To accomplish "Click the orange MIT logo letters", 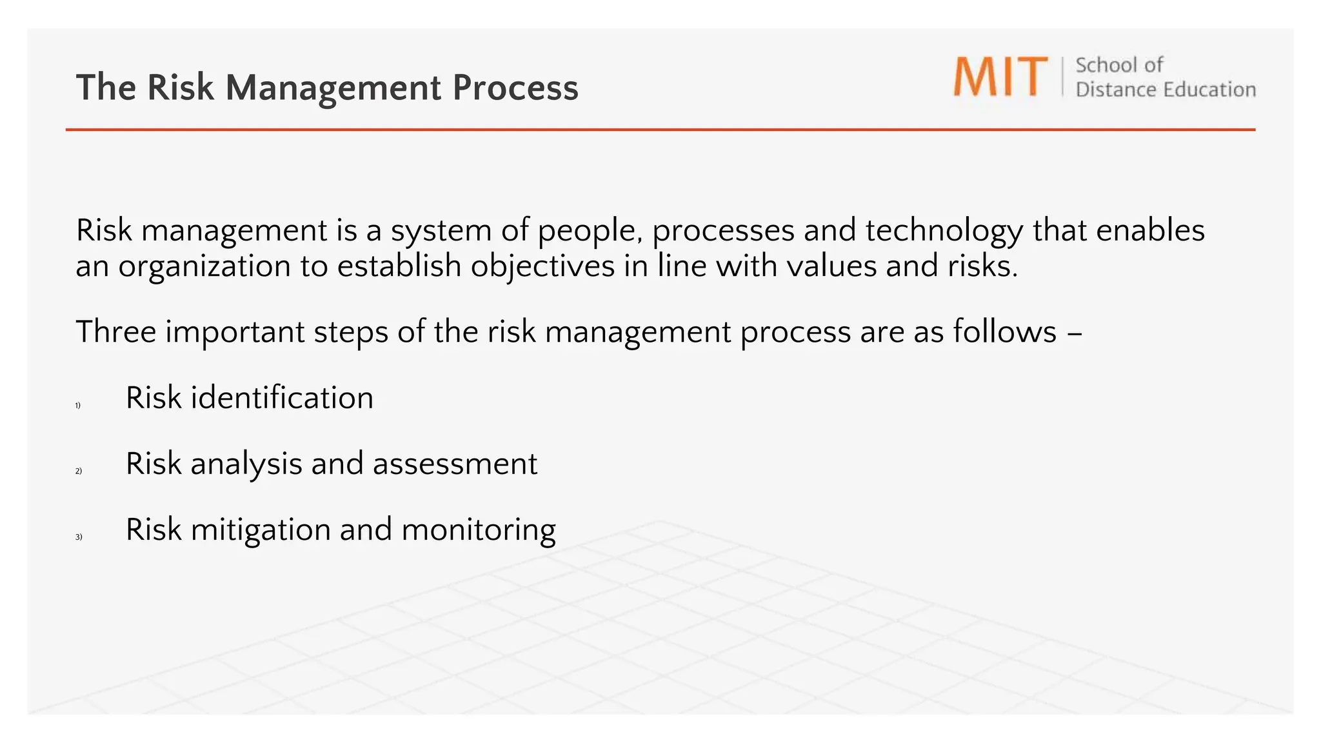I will coord(1000,77).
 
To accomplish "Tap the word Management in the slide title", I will coord(333,88).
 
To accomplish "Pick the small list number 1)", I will coord(78,406).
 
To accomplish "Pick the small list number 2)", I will coord(79,471).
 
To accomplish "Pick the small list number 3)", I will coord(79,537).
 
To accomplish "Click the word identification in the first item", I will coord(282,398).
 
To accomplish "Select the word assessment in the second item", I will coord(455,464).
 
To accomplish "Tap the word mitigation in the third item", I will coord(261,530).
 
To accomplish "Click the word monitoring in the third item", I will coord(478,530).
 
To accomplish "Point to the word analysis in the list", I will coord(246,464).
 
